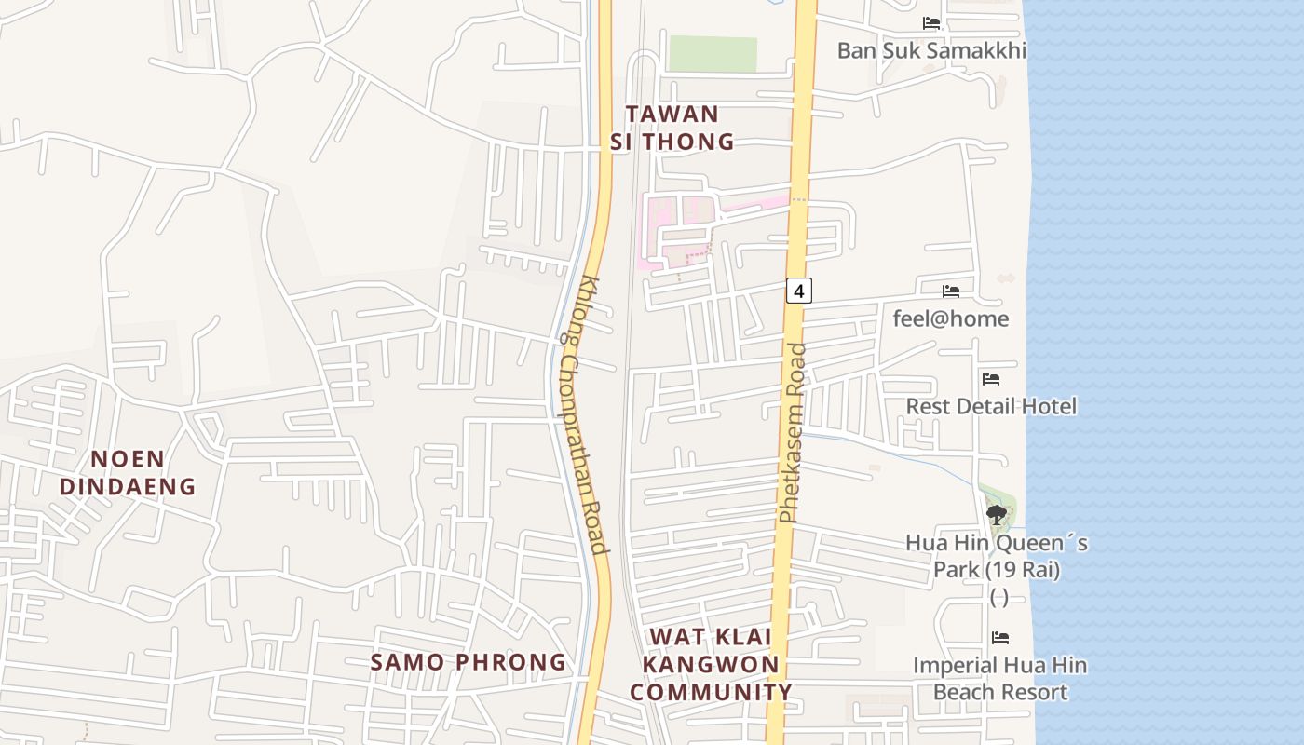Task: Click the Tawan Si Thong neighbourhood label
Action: click(672, 128)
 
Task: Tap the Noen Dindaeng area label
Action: click(128, 472)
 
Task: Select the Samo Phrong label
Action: click(469, 662)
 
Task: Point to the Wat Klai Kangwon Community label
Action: click(711, 664)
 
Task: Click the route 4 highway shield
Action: click(798, 291)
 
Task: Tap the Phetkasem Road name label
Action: click(791, 433)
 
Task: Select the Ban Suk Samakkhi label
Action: click(931, 50)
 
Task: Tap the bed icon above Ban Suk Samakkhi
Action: click(931, 23)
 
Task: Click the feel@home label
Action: click(950, 318)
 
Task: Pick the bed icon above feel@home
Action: click(950, 291)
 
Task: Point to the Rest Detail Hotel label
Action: click(991, 406)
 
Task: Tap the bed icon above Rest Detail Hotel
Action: click(991, 379)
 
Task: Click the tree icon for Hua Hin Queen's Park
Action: click(997, 513)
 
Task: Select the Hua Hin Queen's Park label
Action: click(997, 555)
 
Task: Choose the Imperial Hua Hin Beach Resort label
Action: click(999, 679)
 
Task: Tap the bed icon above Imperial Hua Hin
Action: click(999, 638)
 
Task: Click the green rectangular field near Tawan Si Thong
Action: click(713, 54)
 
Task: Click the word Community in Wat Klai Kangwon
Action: click(711, 692)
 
